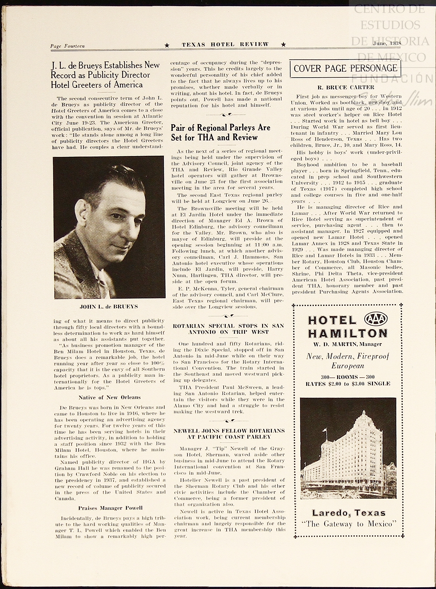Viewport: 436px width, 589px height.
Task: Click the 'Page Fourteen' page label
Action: (x=67, y=46)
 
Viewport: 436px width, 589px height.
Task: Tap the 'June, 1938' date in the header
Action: (x=387, y=43)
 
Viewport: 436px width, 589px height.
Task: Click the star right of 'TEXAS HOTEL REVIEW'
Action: (x=284, y=44)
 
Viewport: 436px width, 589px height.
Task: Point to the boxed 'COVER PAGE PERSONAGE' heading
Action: (x=345, y=68)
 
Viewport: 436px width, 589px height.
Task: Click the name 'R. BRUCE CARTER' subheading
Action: (x=346, y=87)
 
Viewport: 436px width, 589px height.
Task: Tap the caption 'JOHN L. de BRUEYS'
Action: (x=109, y=307)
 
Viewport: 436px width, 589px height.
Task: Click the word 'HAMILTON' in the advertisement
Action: (x=348, y=333)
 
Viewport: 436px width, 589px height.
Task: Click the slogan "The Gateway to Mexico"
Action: (x=349, y=524)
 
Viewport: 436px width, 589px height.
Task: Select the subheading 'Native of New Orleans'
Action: (x=110, y=397)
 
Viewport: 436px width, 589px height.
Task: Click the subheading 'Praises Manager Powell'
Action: (x=110, y=508)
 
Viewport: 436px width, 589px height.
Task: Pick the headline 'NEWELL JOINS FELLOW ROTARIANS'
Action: (x=229, y=431)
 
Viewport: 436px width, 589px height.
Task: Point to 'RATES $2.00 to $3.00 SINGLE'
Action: (x=348, y=384)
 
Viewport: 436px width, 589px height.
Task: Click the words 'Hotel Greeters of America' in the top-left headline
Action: (x=97, y=85)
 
